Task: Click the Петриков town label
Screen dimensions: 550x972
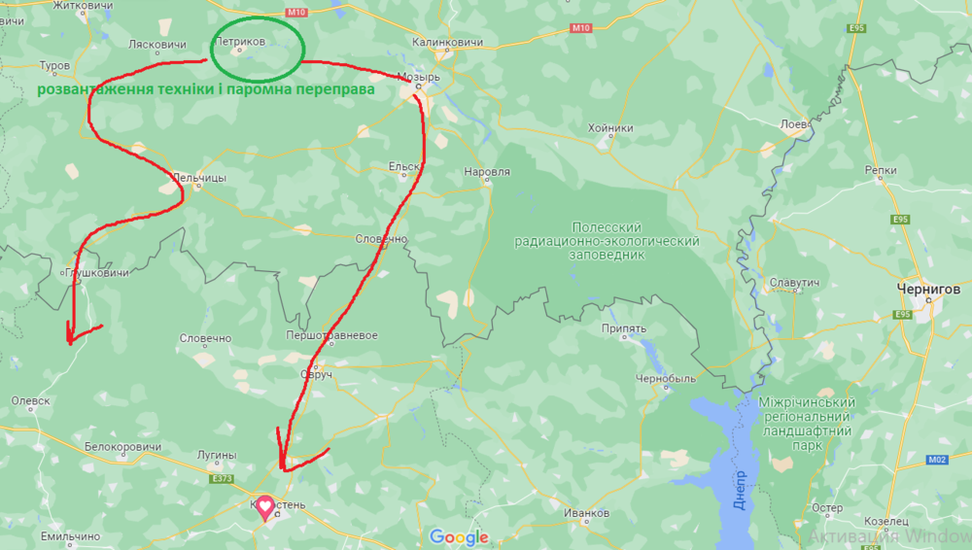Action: [x=239, y=42]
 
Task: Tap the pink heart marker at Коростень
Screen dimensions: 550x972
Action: [x=263, y=507]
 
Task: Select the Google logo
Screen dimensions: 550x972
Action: [x=459, y=537]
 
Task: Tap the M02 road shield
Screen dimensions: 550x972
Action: [x=937, y=460]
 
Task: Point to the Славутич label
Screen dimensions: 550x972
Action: [x=794, y=283]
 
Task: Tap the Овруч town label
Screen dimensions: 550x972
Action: [x=316, y=373]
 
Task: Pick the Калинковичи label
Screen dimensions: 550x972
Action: [x=447, y=43]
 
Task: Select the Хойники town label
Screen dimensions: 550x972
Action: [x=610, y=128]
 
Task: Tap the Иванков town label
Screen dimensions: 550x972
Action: [x=586, y=513]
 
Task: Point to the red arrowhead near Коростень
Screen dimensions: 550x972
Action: [x=284, y=464]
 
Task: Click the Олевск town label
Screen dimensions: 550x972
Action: [x=30, y=399]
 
